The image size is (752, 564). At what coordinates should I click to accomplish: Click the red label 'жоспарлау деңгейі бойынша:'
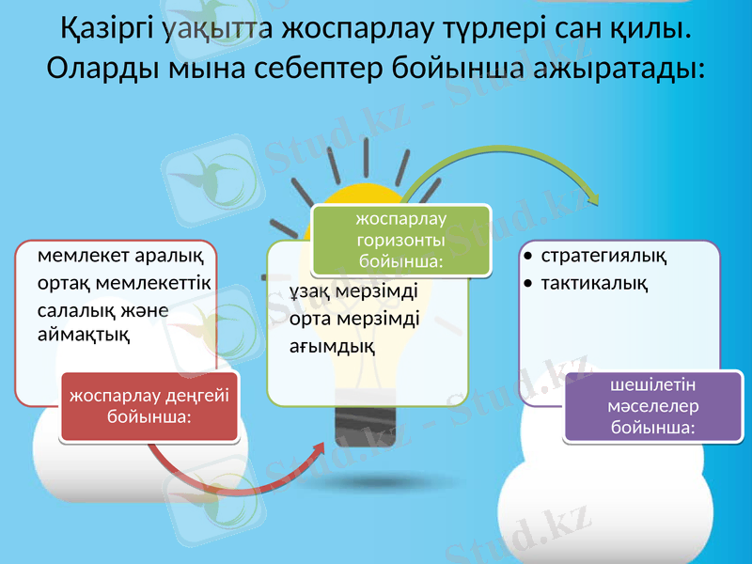click(x=149, y=405)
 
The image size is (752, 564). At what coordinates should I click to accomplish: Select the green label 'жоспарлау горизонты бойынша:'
click(x=401, y=240)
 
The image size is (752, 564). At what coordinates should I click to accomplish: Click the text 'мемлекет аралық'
click(x=124, y=256)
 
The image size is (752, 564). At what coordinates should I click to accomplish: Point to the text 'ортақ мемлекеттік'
click(x=124, y=283)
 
